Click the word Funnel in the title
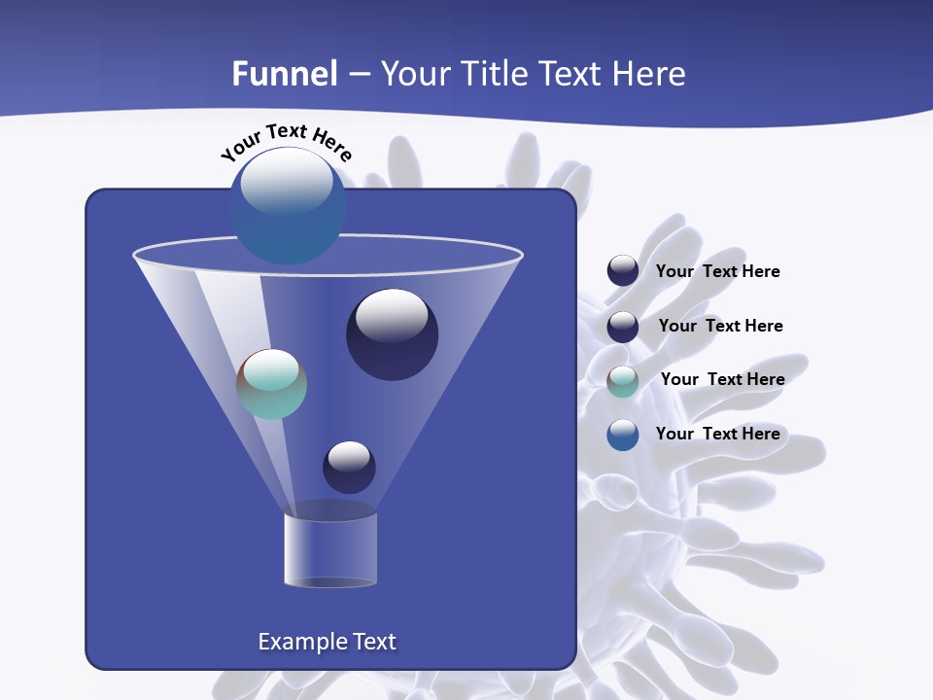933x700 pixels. click(284, 74)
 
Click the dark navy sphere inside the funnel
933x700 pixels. click(392, 335)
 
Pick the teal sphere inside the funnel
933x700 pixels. click(271, 384)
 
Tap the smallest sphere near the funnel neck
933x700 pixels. click(349, 467)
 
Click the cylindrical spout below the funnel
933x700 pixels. click(329, 550)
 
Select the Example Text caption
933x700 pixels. click(327, 642)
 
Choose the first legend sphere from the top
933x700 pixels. click(623, 271)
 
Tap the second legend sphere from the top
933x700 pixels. click(623, 327)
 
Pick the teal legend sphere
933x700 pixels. click(623, 381)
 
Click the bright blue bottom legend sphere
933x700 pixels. click(623, 435)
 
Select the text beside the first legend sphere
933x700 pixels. click(717, 271)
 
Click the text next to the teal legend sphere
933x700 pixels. click(722, 379)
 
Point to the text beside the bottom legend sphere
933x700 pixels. click(717, 434)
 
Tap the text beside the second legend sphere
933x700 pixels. click(720, 326)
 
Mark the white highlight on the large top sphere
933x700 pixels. click(286, 182)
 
